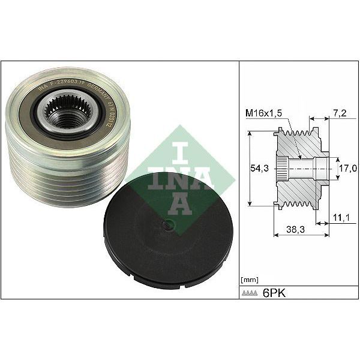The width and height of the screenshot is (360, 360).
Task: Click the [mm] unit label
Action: (x=248, y=280)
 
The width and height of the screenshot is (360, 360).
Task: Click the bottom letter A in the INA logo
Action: (x=179, y=204)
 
